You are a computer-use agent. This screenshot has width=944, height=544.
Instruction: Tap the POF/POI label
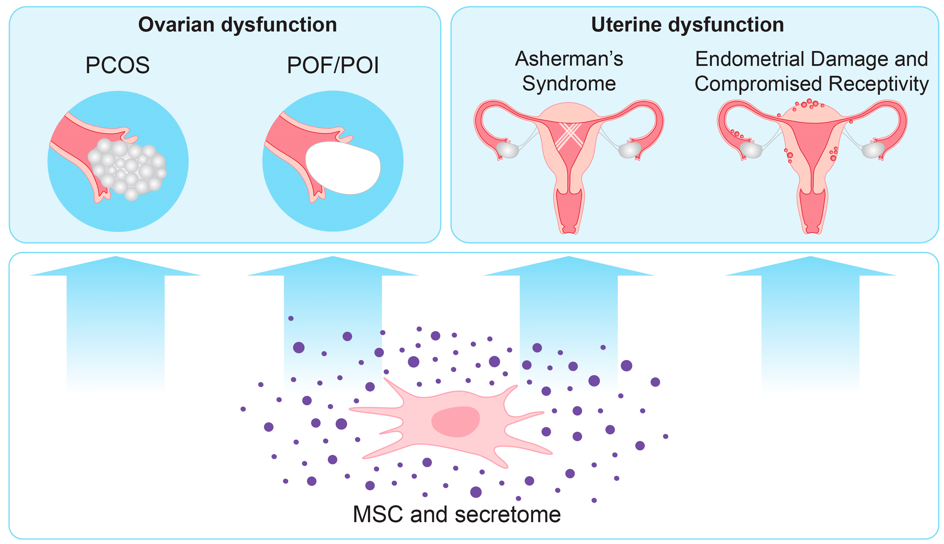(333, 65)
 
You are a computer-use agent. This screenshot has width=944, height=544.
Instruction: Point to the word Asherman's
(569, 59)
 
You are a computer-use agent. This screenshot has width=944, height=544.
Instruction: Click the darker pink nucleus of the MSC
(455, 422)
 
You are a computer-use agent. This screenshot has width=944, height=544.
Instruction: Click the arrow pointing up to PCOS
(115, 317)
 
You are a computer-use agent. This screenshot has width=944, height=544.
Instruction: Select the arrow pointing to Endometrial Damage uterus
(810, 317)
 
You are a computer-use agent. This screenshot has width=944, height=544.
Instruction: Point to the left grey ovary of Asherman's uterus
(507, 150)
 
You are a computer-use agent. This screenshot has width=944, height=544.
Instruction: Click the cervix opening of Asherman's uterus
(569, 229)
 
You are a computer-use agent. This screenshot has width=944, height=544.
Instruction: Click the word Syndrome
(569, 84)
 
